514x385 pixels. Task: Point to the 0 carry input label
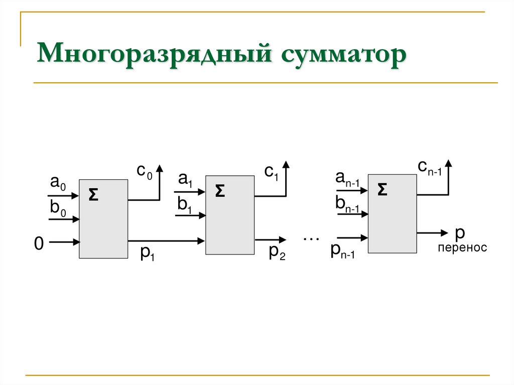pyautogui.click(x=39, y=244)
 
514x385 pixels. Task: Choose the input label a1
pyautogui.click(x=186, y=179)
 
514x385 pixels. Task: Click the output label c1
pyautogui.click(x=272, y=172)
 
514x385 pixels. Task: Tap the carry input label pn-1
pyautogui.click(x=342, y=250)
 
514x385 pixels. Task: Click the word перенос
pyautogui.click(x=462, y=248)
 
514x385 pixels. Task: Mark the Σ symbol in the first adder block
pyautogui.click(x=93, y=195)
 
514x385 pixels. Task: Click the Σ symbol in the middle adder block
pyautogui.click(x=220, y=191)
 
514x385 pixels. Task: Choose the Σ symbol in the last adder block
pyautogui.click(x=382, y=189)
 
